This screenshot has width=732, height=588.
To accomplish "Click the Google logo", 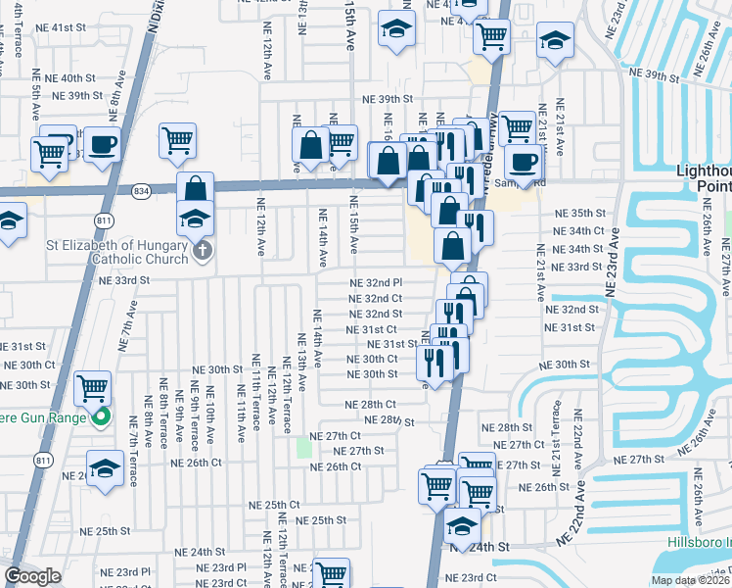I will tap(31, 576).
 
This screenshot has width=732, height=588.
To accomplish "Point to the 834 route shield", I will tap(143, 189).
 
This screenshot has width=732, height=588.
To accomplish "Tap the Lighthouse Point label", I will tap(705, 177).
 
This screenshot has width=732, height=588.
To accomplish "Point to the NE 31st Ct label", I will tap(374, 329).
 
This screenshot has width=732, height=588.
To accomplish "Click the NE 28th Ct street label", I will tap(370, 404).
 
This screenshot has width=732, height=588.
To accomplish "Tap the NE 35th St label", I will tap(580, 213).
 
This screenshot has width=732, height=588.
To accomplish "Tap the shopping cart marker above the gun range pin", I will tap(93, 387).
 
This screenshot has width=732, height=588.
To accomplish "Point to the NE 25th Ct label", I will tap(273, 505).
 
